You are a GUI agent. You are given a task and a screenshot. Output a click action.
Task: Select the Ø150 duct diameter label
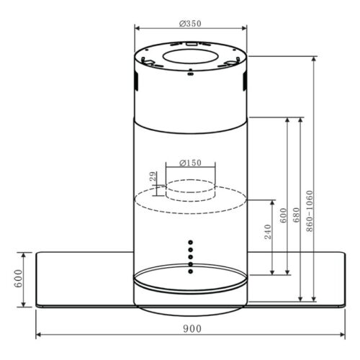(190, 163)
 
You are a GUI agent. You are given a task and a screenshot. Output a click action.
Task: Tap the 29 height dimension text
(153, 177)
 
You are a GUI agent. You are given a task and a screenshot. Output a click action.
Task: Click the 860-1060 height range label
(308, 209)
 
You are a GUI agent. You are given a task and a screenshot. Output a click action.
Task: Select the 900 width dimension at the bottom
(190, 328)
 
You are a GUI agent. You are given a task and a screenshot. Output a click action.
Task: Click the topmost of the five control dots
(191, 241)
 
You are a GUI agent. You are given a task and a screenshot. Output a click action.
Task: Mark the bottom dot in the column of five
(191, 271)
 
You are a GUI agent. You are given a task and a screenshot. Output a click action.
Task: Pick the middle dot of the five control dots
(191, 256)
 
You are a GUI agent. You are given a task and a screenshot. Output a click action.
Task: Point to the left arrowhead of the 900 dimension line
(39, 336)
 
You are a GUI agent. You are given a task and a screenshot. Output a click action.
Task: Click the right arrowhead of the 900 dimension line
(343, 336)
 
